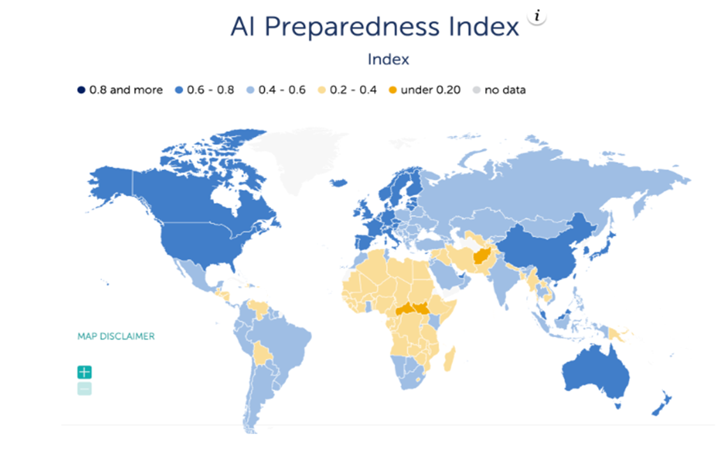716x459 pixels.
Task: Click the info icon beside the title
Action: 537,17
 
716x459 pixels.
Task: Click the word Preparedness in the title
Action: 352,27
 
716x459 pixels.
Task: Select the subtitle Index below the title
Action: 388,59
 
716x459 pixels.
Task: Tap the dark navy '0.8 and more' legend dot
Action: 81,90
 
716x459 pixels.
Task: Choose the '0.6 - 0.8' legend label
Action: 211,90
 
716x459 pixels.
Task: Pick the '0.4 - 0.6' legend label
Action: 282,90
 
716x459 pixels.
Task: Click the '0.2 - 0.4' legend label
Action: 353,90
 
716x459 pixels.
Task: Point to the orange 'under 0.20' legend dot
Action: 392,90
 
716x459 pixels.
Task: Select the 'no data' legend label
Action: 505,90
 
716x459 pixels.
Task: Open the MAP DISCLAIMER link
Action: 116,336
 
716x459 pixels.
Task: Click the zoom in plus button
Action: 84,372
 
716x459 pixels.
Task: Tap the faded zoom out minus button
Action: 84,389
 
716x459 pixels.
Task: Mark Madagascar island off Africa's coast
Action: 449,359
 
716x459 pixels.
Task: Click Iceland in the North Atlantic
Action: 338,183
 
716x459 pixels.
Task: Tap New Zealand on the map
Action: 662,404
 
